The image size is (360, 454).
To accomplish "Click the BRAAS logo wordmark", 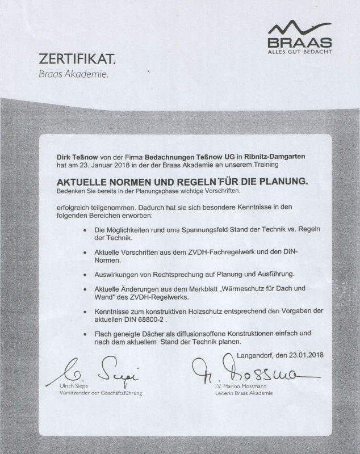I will pyautogui.click(x=299, y=43).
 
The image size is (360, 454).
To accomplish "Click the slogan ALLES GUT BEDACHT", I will pyautogui.click(x=299, y=52).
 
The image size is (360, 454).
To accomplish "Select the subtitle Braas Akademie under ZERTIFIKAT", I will pyautogui.click(x=73, y=73).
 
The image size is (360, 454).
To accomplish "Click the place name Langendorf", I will pyautogui.click(x=254, y=356).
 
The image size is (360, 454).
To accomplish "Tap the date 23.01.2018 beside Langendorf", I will pyautogui.click(x=304, y=356).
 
